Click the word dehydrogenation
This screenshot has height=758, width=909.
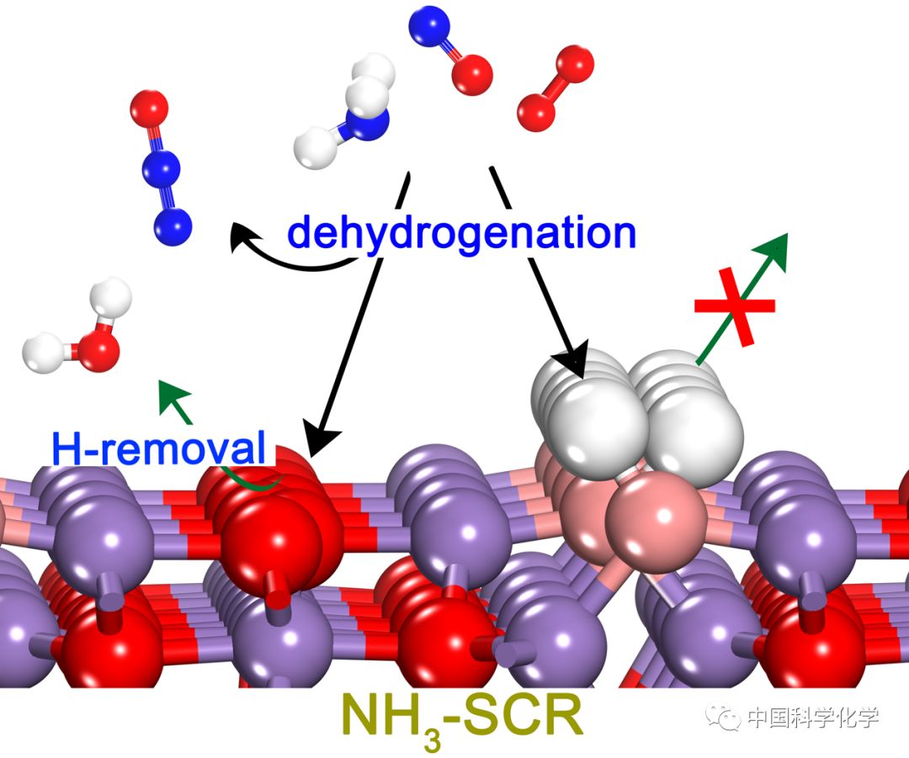[461, 232]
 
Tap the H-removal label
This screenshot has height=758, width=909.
[158, 450]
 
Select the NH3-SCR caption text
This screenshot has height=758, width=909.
[461, 723]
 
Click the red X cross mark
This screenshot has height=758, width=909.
[735, 308]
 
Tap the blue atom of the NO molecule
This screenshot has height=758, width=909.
[428, 27]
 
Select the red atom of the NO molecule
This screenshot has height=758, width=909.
[471, 75]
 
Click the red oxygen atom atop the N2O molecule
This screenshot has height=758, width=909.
[150, 109]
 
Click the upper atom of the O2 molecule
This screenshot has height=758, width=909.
[575, 65]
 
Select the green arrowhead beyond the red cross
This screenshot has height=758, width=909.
[777, 246]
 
